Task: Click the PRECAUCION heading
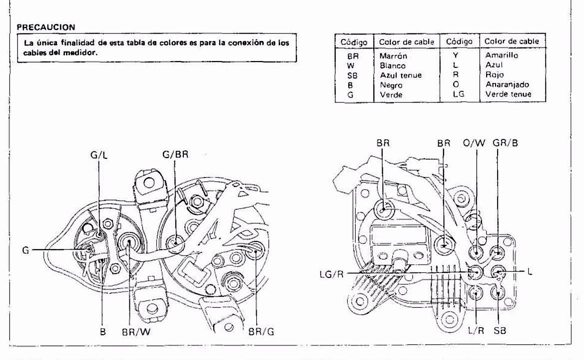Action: coord(46,27)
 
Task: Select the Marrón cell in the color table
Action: coord(393,56)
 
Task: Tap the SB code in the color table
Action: coord(352,75)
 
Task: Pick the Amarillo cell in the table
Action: coord(501,55)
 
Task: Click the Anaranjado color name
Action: coord(507,84)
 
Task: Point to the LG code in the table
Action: coord(459,94)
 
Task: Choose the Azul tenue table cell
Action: coord(401,75)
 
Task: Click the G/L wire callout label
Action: coord(99,154)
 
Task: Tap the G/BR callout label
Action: coord(175,154)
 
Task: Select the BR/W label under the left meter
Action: coord(136,331)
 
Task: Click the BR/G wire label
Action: coord(261,331)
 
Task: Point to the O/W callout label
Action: coord(474,142)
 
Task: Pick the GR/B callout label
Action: coord(506,142)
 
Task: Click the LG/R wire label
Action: coord(332,274)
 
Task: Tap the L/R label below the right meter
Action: coord(476,330)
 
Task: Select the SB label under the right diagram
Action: coord(500,330)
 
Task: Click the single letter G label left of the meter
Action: coord(25,250)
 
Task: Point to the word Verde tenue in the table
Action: coord(509,94)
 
